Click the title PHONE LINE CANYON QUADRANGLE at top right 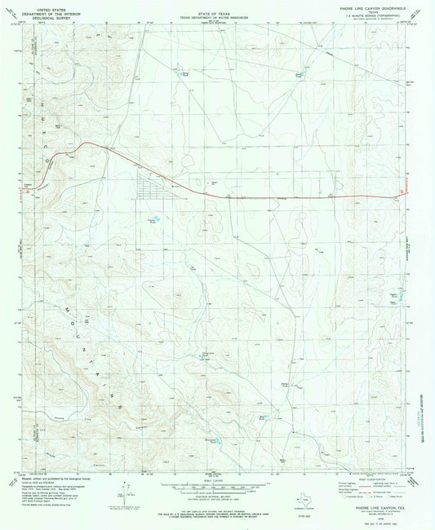366,7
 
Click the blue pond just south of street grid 152,219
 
